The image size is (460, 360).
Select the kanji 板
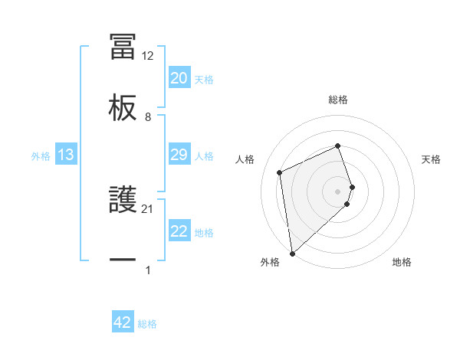click(123, 106)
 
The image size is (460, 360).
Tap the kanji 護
click(123, 200)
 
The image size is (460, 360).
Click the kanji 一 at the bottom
click(123, 260)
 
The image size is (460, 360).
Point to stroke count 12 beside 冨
click(148, 56)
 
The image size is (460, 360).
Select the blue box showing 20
click(179, 78)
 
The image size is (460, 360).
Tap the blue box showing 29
click(179, 155)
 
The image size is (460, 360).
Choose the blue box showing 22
click(179, 231)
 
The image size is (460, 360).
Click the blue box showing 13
click(66, 155)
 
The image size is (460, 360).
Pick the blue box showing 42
click(123, 322)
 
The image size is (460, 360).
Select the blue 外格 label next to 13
click(41, 156)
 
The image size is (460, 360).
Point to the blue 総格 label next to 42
click(147, 324)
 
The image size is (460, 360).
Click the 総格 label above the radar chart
click(338, 100)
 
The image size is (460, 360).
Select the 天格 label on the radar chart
click(432, 159)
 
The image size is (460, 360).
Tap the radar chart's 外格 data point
click(291, 253)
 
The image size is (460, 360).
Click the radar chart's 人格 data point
click(280, 172)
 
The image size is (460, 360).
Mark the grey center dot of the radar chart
click(338, 190)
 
